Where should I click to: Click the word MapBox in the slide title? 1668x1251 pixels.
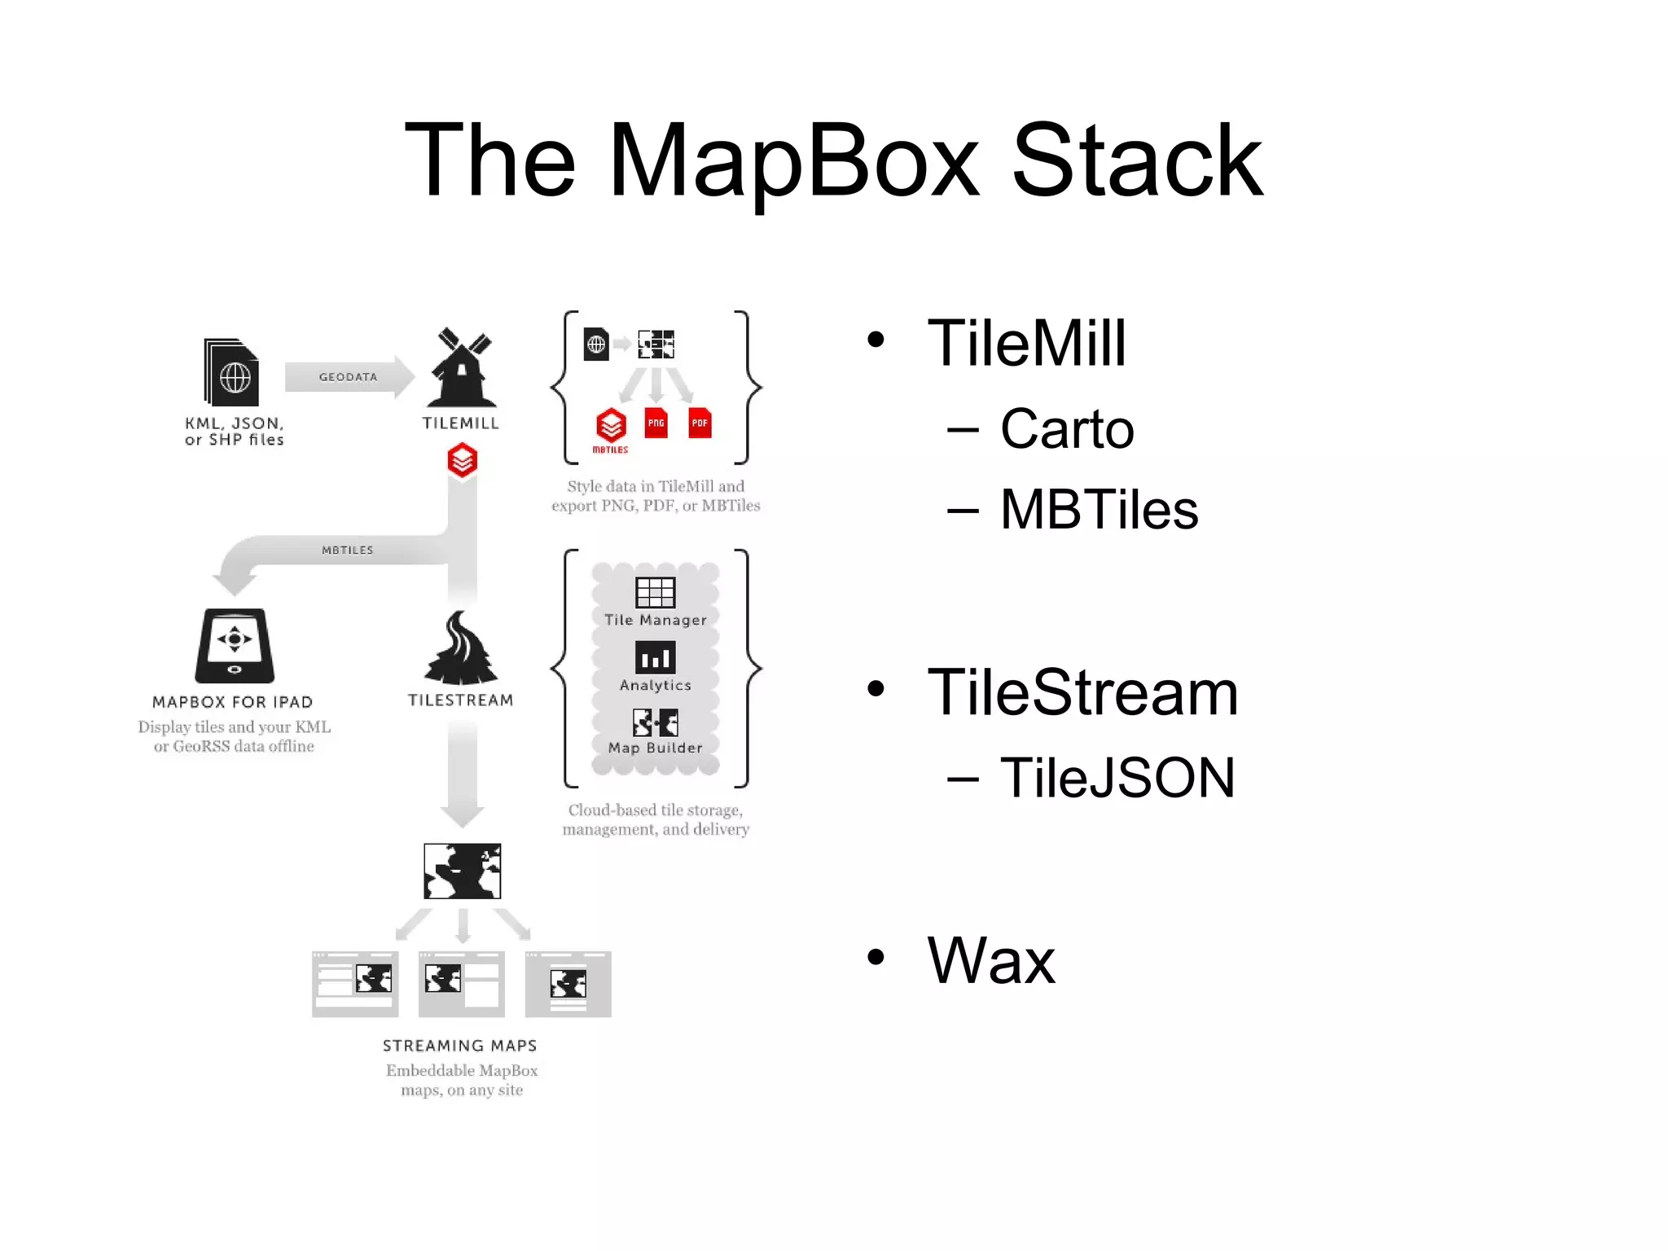(x=794, y=160)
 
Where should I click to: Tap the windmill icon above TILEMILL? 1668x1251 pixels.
(x=462, y=368)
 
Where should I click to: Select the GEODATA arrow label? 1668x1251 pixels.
(x=348, y=377)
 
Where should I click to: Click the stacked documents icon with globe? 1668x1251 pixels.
(x=232, y=373)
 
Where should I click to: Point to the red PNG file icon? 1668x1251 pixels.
(x=656, y=423)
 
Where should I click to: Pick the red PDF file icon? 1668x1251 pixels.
(x=699, y=423)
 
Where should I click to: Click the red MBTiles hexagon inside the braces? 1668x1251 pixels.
(x=611, y=425)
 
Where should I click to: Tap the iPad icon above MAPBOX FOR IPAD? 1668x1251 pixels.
(x=235, y=645)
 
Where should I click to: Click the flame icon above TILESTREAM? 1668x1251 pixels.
(x=461, y=649)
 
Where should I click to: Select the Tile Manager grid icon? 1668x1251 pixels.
(x=655, y=592)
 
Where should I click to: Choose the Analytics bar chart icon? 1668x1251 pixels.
(x=655, y=656)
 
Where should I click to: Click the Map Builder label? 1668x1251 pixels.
(x=655, y=748)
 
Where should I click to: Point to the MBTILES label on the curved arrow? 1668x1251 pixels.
(x=347, y=551)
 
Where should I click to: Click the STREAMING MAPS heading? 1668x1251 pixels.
(x=460, y=1046)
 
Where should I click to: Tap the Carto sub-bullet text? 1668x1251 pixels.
(x=1067, y=429)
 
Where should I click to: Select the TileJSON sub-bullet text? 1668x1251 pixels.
(x=1117, y=778)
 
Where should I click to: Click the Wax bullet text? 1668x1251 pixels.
(x=990, y=960)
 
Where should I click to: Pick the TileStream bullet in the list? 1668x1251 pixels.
(x=1082, y=693)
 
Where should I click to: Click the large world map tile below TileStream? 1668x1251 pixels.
(x=462, y=871)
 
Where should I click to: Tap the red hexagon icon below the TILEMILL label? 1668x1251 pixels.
(x=462, y=461)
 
